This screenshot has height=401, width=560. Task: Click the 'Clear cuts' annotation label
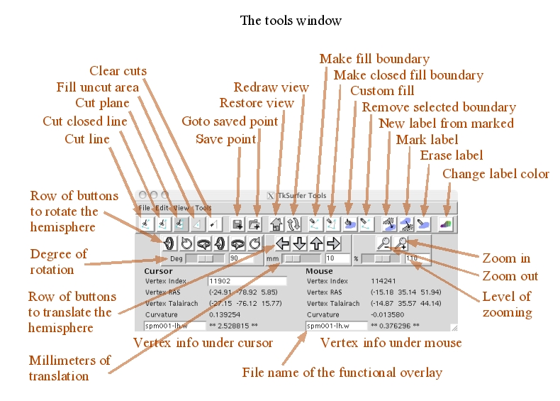click(x=118, y=71)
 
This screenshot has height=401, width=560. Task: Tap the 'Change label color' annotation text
click(x=495, y=174)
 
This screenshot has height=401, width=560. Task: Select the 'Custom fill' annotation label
click(x=383, y=91)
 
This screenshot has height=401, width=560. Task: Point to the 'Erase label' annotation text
click(x=452, y=155)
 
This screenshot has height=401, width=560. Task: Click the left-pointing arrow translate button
click(x=283, y=244)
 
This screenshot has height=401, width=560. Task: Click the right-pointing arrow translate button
click(x=333, y=244)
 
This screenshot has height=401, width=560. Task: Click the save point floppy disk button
click(x=237, y=224)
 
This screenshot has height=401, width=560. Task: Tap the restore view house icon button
click(x=277, y=224)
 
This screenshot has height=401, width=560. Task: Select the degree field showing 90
click(x=244, y=258)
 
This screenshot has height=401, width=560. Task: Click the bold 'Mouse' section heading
click(x=319, y=270)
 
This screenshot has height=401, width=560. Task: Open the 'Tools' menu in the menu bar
click(x=204, y=209)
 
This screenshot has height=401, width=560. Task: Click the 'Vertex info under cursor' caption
click(x=203, y=344)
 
